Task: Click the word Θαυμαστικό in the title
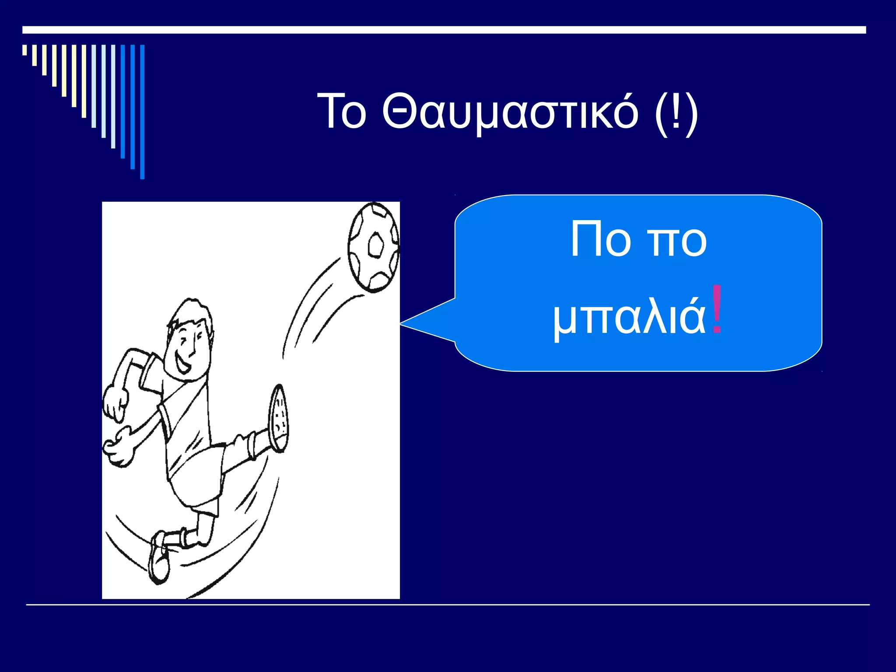[510, 112]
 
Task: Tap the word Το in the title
[342, 112]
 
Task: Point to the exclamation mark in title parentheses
[676, 112]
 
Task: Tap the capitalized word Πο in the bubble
[601, 239]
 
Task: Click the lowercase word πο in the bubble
[676, 241]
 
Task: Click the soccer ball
[373, 247]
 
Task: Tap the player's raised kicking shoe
[278, 418]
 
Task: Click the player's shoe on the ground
[159, 558]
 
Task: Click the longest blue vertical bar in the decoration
[142, 112]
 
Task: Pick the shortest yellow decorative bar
[24, 50]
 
